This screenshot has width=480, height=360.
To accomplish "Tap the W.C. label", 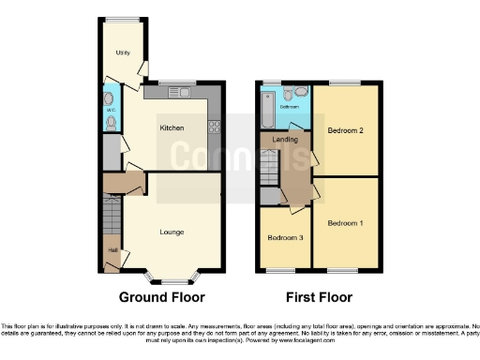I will (x=110, y=110).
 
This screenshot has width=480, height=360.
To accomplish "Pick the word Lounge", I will (x=171, y=232).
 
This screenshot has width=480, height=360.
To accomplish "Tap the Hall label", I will (x=112, y=250).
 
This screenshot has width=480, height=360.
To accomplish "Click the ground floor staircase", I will (x=112, y=221).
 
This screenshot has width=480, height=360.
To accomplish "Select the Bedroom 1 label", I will (x=344, y=223).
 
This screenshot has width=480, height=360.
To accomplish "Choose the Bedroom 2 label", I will (x=345, y=130).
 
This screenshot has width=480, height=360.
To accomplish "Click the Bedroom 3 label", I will (x=285, y=238).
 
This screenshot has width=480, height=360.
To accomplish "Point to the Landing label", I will (x=285, y=141).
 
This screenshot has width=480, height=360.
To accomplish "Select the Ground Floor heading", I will (x=161, y=297).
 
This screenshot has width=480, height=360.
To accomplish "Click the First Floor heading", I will (x=314, y=297).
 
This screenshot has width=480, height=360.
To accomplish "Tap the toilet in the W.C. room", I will (x=111, y=123).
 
